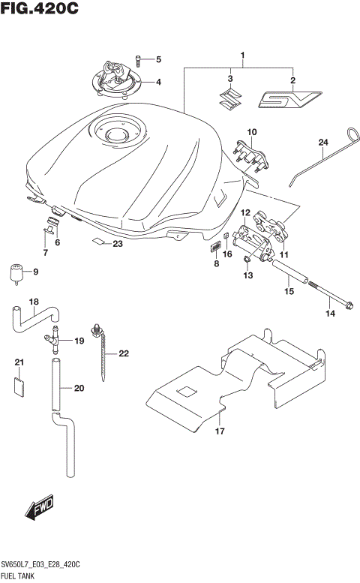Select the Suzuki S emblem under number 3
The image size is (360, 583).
tap(231, 98)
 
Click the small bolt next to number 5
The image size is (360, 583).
tap(139, 59)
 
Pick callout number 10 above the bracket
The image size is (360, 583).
tap(251, 133)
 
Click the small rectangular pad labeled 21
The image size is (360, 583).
tap(20, 386)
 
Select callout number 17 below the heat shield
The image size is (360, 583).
tap(220, 431)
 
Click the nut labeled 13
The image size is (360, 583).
tap(247, 260)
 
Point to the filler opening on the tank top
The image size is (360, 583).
tap(118, 136)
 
